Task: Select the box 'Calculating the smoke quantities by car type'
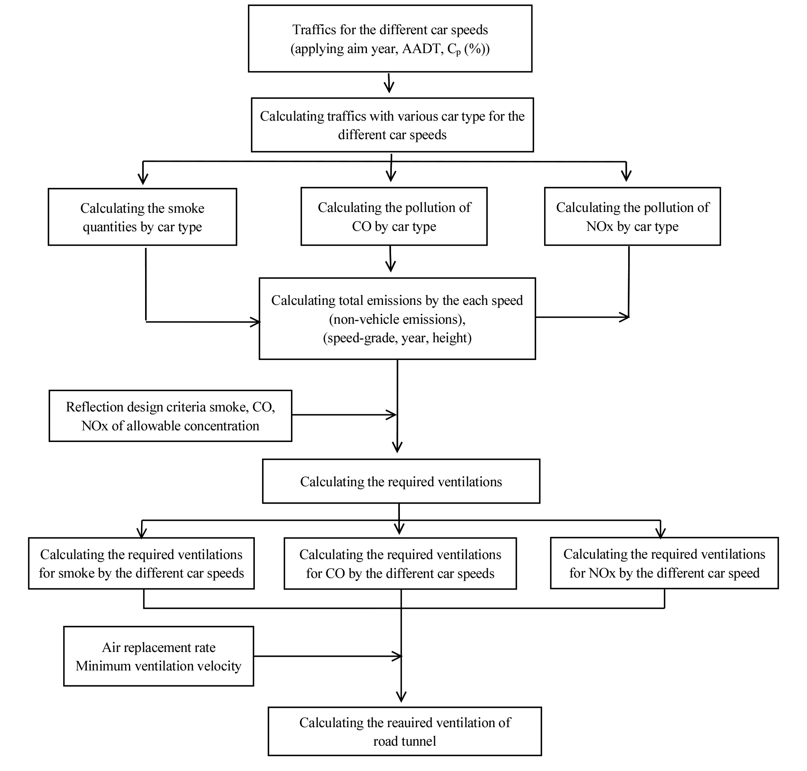point(142,217)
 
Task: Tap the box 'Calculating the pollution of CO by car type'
point(394,217)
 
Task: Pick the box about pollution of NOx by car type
point(633,217)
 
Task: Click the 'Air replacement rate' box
point(158,656)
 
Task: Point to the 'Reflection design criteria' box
point(170,416)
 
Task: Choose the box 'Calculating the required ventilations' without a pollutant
point(401,481)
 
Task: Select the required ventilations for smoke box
point(141,563)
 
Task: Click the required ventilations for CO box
point(400,563)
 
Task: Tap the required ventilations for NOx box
point(664,563)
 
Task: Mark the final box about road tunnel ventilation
point(405,732)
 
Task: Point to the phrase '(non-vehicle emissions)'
point(397,319)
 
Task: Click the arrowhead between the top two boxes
point(389,87)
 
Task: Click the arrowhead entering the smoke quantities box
point(143,179)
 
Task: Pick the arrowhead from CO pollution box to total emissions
point(391,266)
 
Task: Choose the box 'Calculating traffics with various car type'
point(392,125)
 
